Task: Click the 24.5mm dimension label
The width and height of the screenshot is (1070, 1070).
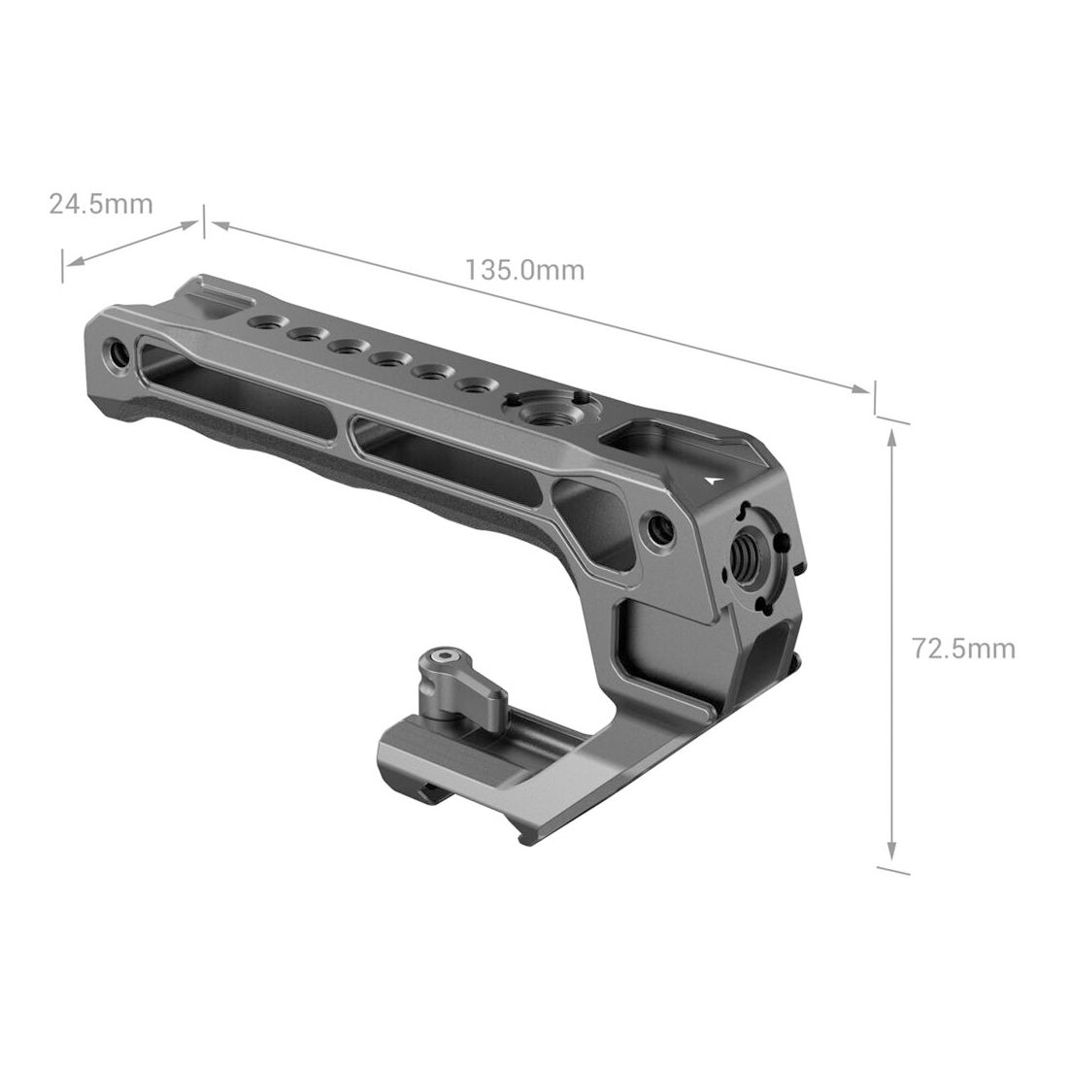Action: point(101,203)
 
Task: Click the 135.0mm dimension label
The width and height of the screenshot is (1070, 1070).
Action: point(524,270)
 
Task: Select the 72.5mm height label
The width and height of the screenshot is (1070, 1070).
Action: point(963,648)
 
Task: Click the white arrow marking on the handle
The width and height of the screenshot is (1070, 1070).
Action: point(713,479)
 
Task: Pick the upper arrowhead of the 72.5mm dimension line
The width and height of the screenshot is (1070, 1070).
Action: point(891,438)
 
